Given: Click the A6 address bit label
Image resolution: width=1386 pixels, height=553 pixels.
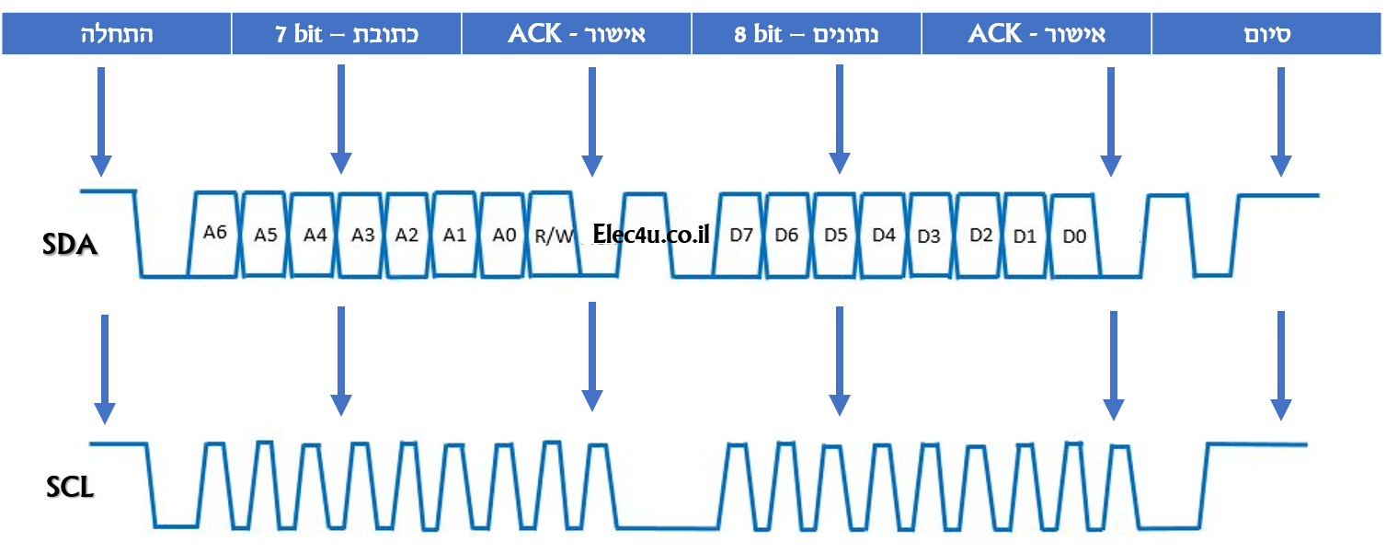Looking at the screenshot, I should (214, 233).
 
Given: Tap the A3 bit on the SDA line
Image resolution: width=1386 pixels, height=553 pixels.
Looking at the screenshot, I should (362, 235).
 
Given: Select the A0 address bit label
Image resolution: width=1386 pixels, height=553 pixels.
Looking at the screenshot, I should (504, 235).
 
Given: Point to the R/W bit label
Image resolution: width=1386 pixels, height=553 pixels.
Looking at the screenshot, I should (555, 236).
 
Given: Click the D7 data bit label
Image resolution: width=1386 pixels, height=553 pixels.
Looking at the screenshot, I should (741, 235).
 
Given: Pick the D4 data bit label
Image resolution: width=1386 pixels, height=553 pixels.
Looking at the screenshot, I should (883, 235).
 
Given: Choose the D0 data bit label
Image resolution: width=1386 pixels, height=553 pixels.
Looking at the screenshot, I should (1074, 236).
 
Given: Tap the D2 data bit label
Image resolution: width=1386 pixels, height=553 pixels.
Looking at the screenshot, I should (980, 236).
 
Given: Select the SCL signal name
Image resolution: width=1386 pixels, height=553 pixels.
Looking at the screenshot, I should (70, 487).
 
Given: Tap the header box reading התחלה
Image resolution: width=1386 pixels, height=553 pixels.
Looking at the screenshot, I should (116, 35).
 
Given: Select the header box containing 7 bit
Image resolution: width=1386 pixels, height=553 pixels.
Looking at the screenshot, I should (347, 35).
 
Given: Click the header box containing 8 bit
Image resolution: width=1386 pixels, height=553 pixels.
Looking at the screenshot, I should (807, 35).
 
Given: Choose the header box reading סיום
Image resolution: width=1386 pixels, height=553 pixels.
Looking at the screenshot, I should (1267, 35).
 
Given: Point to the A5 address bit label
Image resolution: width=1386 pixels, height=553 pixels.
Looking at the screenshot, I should (266, 235).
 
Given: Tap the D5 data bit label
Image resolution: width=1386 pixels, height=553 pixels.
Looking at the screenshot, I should (835, 235).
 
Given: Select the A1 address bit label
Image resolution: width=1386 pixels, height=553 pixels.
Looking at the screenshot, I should (454, 235).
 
